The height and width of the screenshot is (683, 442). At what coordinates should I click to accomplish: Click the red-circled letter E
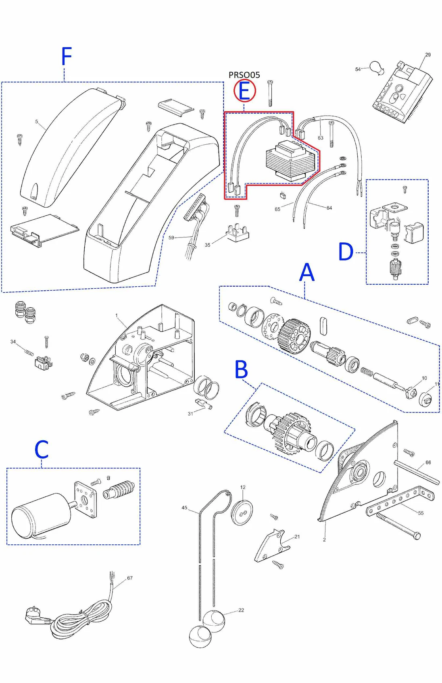244,91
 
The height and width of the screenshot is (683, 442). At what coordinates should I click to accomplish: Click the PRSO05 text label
244,75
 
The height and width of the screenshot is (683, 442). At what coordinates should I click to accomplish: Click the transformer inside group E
289,160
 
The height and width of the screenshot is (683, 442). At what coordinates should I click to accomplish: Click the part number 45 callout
184,508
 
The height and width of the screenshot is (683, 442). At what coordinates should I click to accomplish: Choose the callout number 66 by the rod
428,462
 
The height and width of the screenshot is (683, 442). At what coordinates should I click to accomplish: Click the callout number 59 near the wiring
171,237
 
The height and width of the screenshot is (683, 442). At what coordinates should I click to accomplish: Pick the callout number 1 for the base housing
117,316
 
